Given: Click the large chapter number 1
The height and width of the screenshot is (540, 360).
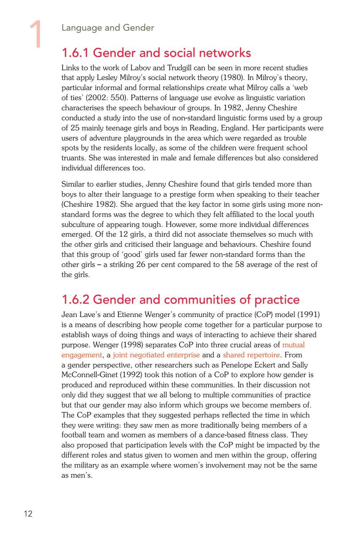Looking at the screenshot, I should [x=36, y=34].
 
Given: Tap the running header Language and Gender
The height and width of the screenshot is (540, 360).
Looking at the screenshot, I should [x=108, y=28].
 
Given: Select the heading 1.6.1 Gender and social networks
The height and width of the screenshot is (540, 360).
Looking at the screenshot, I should [x=156, y=53].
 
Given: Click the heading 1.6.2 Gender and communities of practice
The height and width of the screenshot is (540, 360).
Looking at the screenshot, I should [x=180, y=299].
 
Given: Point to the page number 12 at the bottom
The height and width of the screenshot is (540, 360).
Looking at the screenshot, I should [x=28, y=514].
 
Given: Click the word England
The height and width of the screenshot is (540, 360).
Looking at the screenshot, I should [x=234, y=128].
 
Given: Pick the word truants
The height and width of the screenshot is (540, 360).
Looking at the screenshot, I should [x=72, y=158].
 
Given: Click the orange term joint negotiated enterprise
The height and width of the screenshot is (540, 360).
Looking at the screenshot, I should [x=156, y=355].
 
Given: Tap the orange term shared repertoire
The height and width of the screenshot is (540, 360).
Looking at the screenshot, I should [x=251, y=355].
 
